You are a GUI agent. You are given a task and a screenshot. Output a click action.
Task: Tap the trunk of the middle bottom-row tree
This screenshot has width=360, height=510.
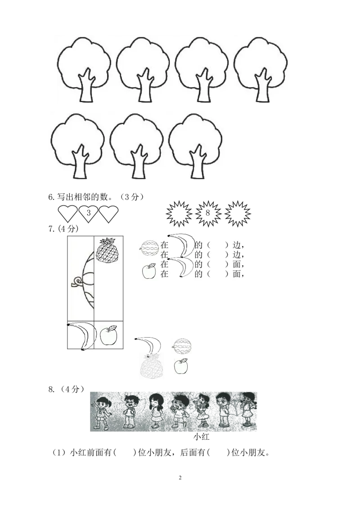tap(137, 164)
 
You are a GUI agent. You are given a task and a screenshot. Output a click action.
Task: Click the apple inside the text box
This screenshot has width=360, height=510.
tap(148, 271)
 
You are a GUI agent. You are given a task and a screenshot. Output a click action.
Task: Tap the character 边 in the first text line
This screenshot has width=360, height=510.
tap(237, 246)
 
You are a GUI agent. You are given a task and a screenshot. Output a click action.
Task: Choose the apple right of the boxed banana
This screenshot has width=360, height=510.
tap(108, 336)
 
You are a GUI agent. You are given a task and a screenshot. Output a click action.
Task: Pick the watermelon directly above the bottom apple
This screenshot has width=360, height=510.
tap(182, 345)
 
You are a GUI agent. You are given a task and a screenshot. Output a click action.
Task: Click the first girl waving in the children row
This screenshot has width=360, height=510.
tap(102, 411)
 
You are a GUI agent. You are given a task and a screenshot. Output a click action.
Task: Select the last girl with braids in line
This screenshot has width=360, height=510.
tap(247, 410)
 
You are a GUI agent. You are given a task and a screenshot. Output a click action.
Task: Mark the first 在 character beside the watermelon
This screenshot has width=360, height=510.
tap(164, 246)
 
